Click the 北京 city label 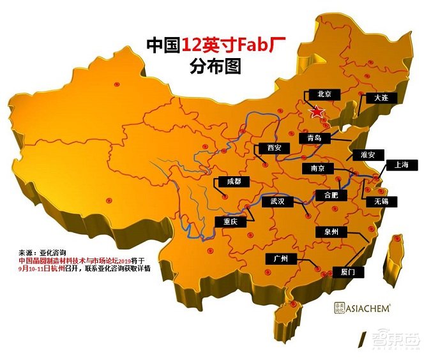324,94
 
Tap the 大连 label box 381,98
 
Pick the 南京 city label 317,168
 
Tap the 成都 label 230,181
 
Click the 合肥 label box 326,195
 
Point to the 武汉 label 277,201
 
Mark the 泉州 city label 335,232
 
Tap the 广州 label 280,259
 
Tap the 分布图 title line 216,66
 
